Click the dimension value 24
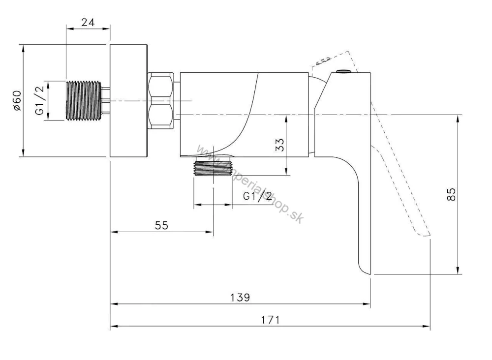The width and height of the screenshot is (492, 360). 88,23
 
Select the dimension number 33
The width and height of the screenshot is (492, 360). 280,145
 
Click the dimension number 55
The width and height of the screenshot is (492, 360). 161,225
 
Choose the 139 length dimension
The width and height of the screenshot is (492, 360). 240,297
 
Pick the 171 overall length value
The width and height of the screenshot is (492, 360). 271,320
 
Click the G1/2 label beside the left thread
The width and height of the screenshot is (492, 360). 40,100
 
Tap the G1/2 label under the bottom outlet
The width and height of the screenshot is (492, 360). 258,196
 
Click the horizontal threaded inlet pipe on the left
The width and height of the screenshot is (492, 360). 84,101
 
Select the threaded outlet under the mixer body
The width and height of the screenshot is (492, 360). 214,167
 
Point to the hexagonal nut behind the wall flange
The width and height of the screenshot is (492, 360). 160,101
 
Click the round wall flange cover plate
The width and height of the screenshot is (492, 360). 128,100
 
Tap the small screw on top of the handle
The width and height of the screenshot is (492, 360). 344,71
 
